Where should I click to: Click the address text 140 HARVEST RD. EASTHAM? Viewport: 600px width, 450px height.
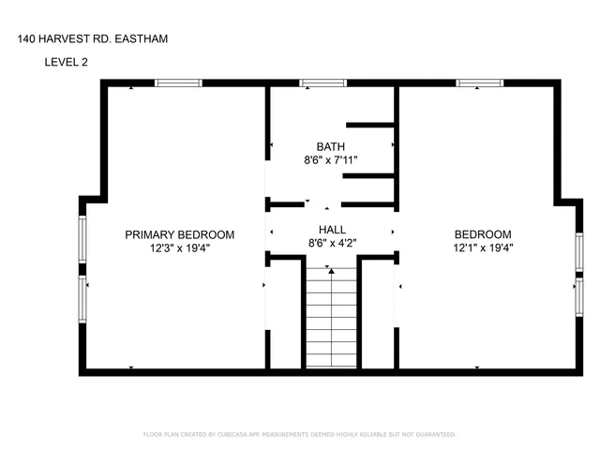[x=94, y=39]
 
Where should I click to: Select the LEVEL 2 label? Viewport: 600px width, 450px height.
[x=69, y=63]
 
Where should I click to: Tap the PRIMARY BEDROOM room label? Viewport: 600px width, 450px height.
[x=179, y=234]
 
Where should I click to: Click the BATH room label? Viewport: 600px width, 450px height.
[x=330, y=147]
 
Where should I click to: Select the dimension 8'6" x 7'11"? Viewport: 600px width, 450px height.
[x=330, y=161]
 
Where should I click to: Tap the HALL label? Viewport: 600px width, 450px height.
[x=332, y=230]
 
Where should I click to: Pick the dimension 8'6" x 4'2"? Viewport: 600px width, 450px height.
[x=332, y=244]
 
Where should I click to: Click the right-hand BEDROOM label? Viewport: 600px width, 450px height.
[x=483, y=234]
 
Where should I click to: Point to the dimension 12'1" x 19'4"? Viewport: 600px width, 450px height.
[x=483, y=248]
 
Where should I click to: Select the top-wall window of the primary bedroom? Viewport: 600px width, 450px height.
[x=178, y=83]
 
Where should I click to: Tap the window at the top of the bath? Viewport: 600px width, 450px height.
[x=322, y=83]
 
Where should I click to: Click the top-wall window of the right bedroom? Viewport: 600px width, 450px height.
[x=479, y=83]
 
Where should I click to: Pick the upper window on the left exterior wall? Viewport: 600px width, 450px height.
[x=82, y=239]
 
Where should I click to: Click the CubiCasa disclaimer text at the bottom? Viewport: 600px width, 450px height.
[x=299, y=435]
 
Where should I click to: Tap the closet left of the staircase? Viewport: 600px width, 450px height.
[x=284, y=314]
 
